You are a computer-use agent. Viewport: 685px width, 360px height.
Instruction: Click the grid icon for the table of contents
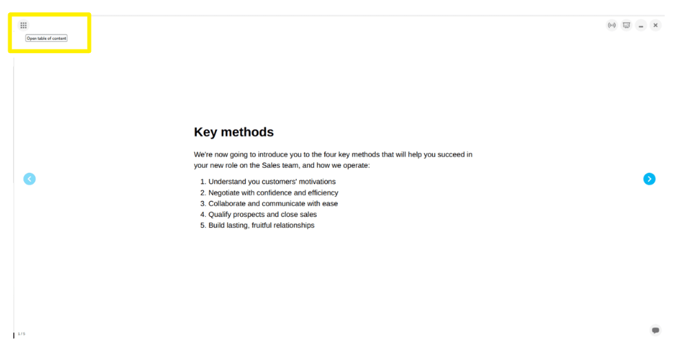click(x=23, y=25)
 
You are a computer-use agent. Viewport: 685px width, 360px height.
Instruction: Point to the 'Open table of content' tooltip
click(x=46, y=39)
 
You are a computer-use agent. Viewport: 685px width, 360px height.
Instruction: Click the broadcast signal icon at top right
click(x=611, y=25)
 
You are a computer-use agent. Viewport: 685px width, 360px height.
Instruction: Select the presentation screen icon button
click(x=626, y=25)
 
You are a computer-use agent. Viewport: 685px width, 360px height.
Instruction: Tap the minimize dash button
click(x=641, y=25)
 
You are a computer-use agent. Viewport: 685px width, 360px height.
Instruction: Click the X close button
click(x=655, y=25)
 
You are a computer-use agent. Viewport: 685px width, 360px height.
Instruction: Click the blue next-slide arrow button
click(x=649, y=179)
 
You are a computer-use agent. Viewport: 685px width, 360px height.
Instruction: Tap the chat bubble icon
click(x=655, y=330)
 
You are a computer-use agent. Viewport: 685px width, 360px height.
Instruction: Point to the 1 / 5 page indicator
click(x=21, y=334)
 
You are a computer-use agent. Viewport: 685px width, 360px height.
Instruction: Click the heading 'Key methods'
click(x=233, y=132)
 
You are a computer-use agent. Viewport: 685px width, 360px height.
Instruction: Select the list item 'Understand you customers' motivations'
click(x=272, y=182)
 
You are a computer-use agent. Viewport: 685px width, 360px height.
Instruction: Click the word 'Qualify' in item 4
click(x=221, y=215)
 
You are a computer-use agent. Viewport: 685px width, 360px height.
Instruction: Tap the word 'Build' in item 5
click(x=218, y=226)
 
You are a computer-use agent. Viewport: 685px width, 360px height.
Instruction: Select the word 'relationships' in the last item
click(x=291, y=226)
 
